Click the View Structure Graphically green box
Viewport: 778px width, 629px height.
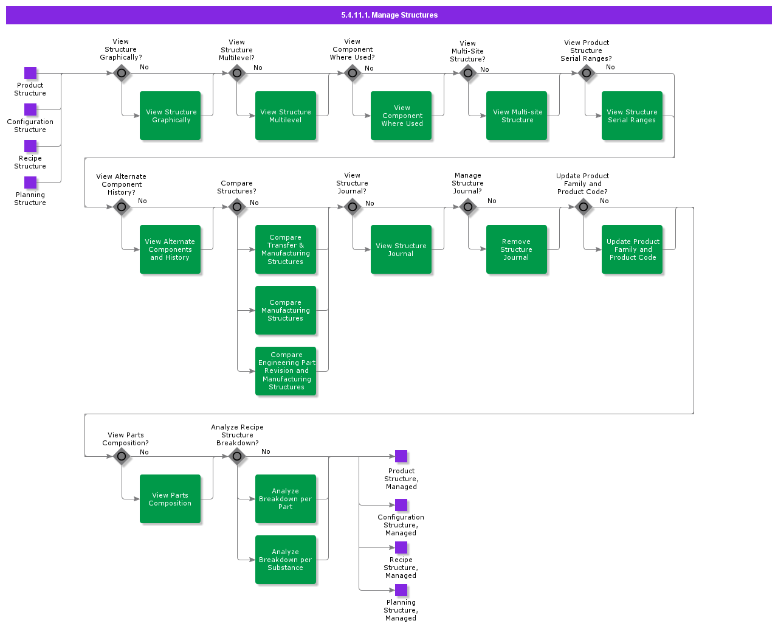pyautogui.click(x=170, y=116)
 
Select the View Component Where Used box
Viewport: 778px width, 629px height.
pyautogui.click(x=401, y=116)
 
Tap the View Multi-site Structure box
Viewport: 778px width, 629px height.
pyautogui.click(x=517, y=116)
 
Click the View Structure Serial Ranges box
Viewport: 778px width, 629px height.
pyautogui.click(x=632, y=116)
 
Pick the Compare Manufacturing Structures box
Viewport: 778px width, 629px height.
pyautogui.click(x=286, y=310)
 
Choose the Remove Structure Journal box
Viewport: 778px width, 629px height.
pyautogui.click(x=517, y=249)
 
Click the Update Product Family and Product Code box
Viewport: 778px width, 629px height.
pyautogui.click(x=632, y=249)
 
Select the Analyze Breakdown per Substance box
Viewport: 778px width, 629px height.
pyautogui.click(x=286, y=560)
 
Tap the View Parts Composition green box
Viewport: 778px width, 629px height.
pyautogui.click(x=170, y=499)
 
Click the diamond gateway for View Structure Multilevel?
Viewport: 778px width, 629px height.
pyautogui.click(x=237, y=74)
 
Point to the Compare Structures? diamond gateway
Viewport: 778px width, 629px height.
pyautogui.click(x=237, y=207)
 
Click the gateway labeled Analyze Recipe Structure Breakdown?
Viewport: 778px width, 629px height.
pyautogui.click(x=237, y=456)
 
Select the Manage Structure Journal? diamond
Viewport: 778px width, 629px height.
pyautogui.click(x=468, y=207)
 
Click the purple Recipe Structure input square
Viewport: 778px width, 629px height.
pyautogui.click(x=30, y=146)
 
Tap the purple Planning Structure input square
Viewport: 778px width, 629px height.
pyautogui.click(x=30, y=182)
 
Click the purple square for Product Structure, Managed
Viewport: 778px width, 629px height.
pyautogui.click(x=401, y=456)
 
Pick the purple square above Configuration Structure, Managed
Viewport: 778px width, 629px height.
pyautogui.click(x=401, y=505)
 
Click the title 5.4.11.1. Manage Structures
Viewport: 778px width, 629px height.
pyautogui.click(x=389, y=15)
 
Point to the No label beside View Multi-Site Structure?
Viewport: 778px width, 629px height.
pyautogui.click(x=484, y=69)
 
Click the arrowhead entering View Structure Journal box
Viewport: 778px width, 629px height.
pyautogui.click(x=368, y=249)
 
